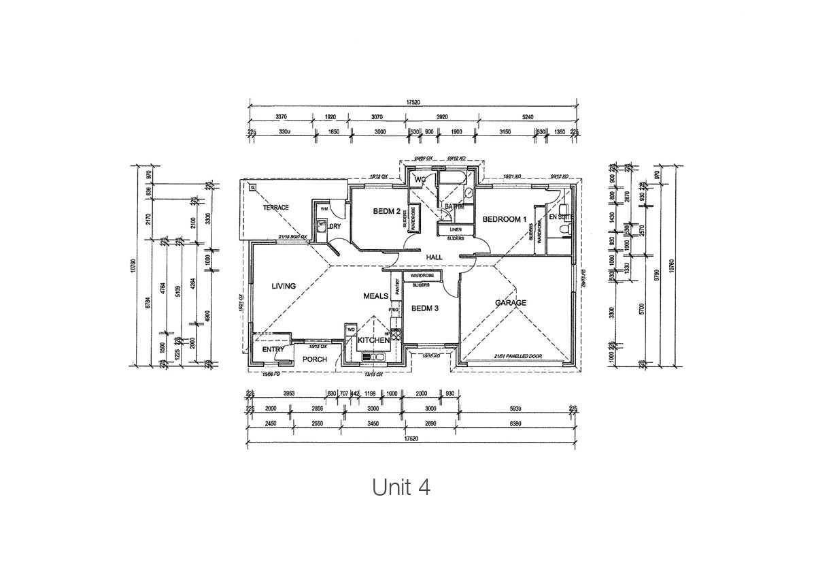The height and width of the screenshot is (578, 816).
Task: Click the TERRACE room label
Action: tap(277, 208)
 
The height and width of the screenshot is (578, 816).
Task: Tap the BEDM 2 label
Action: tap(386, 212)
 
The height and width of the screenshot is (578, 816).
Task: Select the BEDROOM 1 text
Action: tap(505, 219)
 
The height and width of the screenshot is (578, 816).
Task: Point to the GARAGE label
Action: tap(511, 303)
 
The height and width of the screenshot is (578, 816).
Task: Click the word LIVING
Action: tap(283, 286)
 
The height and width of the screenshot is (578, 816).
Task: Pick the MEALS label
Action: tap(375, 296)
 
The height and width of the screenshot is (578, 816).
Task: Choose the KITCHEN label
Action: tap(373, 340)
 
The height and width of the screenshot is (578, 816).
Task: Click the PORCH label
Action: tap(315, 359)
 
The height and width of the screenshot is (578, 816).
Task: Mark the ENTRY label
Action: tap(273, 350)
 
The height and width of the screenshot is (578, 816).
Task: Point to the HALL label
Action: tap(435, 257)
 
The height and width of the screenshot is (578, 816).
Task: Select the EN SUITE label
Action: tap(561, 216)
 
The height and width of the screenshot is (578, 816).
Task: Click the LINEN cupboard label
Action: tap(455, 229)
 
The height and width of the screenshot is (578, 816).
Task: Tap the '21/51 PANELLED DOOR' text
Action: tap(516, 356)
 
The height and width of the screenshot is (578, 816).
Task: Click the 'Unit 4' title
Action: tap(401, 487)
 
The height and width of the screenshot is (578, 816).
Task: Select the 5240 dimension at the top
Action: tap(528, 116)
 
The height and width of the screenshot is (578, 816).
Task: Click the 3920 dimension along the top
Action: tap(441, 116)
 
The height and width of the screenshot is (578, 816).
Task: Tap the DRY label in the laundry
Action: tap(335, 226)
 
